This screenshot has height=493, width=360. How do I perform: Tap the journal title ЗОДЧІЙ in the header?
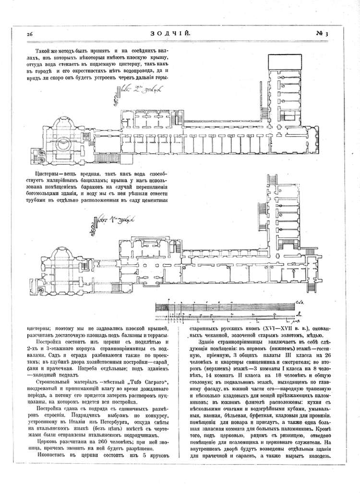(178, 34)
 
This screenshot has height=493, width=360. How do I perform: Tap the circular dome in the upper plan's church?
(63, 144)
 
